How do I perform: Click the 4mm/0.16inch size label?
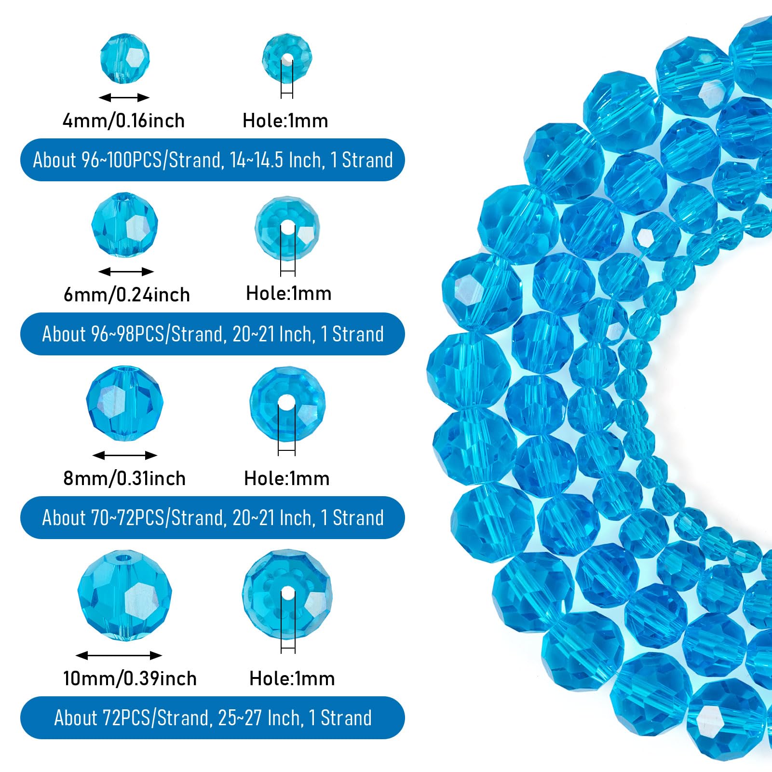click(124, 121)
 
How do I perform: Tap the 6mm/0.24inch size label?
click(127, 294)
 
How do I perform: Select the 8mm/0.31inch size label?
click(124, 478)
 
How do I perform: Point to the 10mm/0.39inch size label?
click(130, 678)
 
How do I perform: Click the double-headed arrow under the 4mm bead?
click(124, 98)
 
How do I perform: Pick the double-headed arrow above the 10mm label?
click(119, 655)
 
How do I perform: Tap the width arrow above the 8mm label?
click(125, 455)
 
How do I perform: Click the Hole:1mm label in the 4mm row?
click(285, 121)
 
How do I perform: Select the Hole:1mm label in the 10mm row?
click(292, 678)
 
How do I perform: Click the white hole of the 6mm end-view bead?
click(288, 228)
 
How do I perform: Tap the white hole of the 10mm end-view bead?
click(288, 594)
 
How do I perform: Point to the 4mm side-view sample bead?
click(125, 58)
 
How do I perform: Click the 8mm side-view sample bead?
click(125, 403)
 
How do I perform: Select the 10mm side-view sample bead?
click(125, 596)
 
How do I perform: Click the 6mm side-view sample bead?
click(125, 225)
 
